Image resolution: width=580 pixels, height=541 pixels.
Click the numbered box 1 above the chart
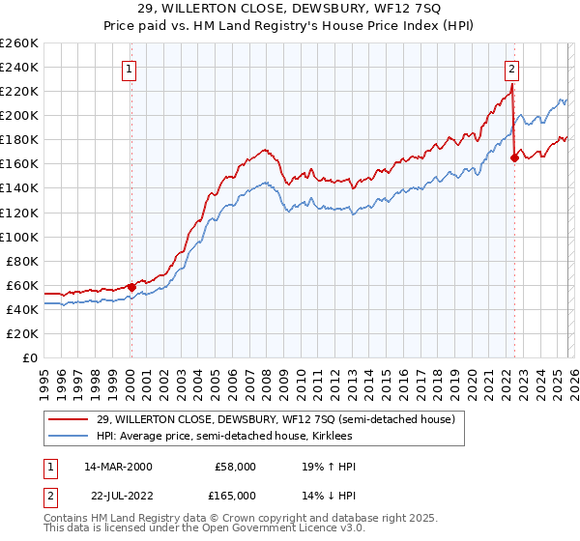(x=130, y=69)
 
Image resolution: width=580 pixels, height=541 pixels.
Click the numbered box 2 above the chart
(x=511, y=69)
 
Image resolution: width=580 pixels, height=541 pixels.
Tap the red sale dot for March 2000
(x=131, y=287)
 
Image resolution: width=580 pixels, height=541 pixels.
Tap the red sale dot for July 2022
(x=514, y=157)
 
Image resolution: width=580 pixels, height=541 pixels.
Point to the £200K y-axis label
(x=19, y=115)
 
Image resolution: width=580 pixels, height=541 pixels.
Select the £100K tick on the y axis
(x=19, y=237)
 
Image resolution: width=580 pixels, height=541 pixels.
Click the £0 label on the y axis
(x=30, y=357)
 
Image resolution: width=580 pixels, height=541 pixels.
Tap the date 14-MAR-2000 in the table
(x=118, y=467)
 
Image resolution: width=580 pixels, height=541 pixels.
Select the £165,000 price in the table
(x=233, y=496)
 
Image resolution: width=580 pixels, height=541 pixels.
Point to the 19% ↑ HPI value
(x=329, y=467)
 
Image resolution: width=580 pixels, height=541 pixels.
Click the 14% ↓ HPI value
(x=329, y=496)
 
